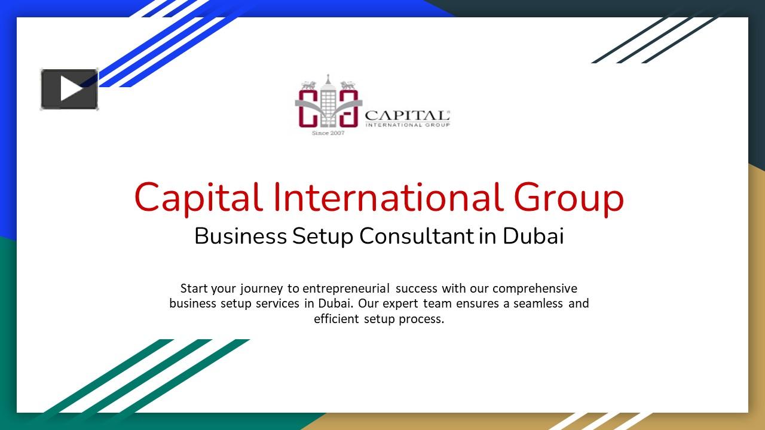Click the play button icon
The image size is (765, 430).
pyautogui.click(x=69, y=90)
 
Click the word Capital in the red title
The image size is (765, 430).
pyautogui.click(x=198, y=198)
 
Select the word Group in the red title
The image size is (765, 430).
pyautogui.click(x=568, y=198)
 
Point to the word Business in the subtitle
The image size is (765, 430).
pyautogui.click(x=240, y=236)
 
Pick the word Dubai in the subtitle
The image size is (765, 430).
pyautogui.click(x=533, y=236)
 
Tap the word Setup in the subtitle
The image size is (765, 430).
pyautogui.click(x=323, y=236)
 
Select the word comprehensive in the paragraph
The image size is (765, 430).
pyautogui.click(x=535, y=288)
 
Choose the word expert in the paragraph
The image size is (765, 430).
pyautogui.click(x=401, y=304)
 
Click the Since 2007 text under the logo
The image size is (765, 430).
pyautogui.click(x=328, y=133)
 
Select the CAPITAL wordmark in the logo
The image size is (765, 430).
pyautogui.click(x=406, y=115)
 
